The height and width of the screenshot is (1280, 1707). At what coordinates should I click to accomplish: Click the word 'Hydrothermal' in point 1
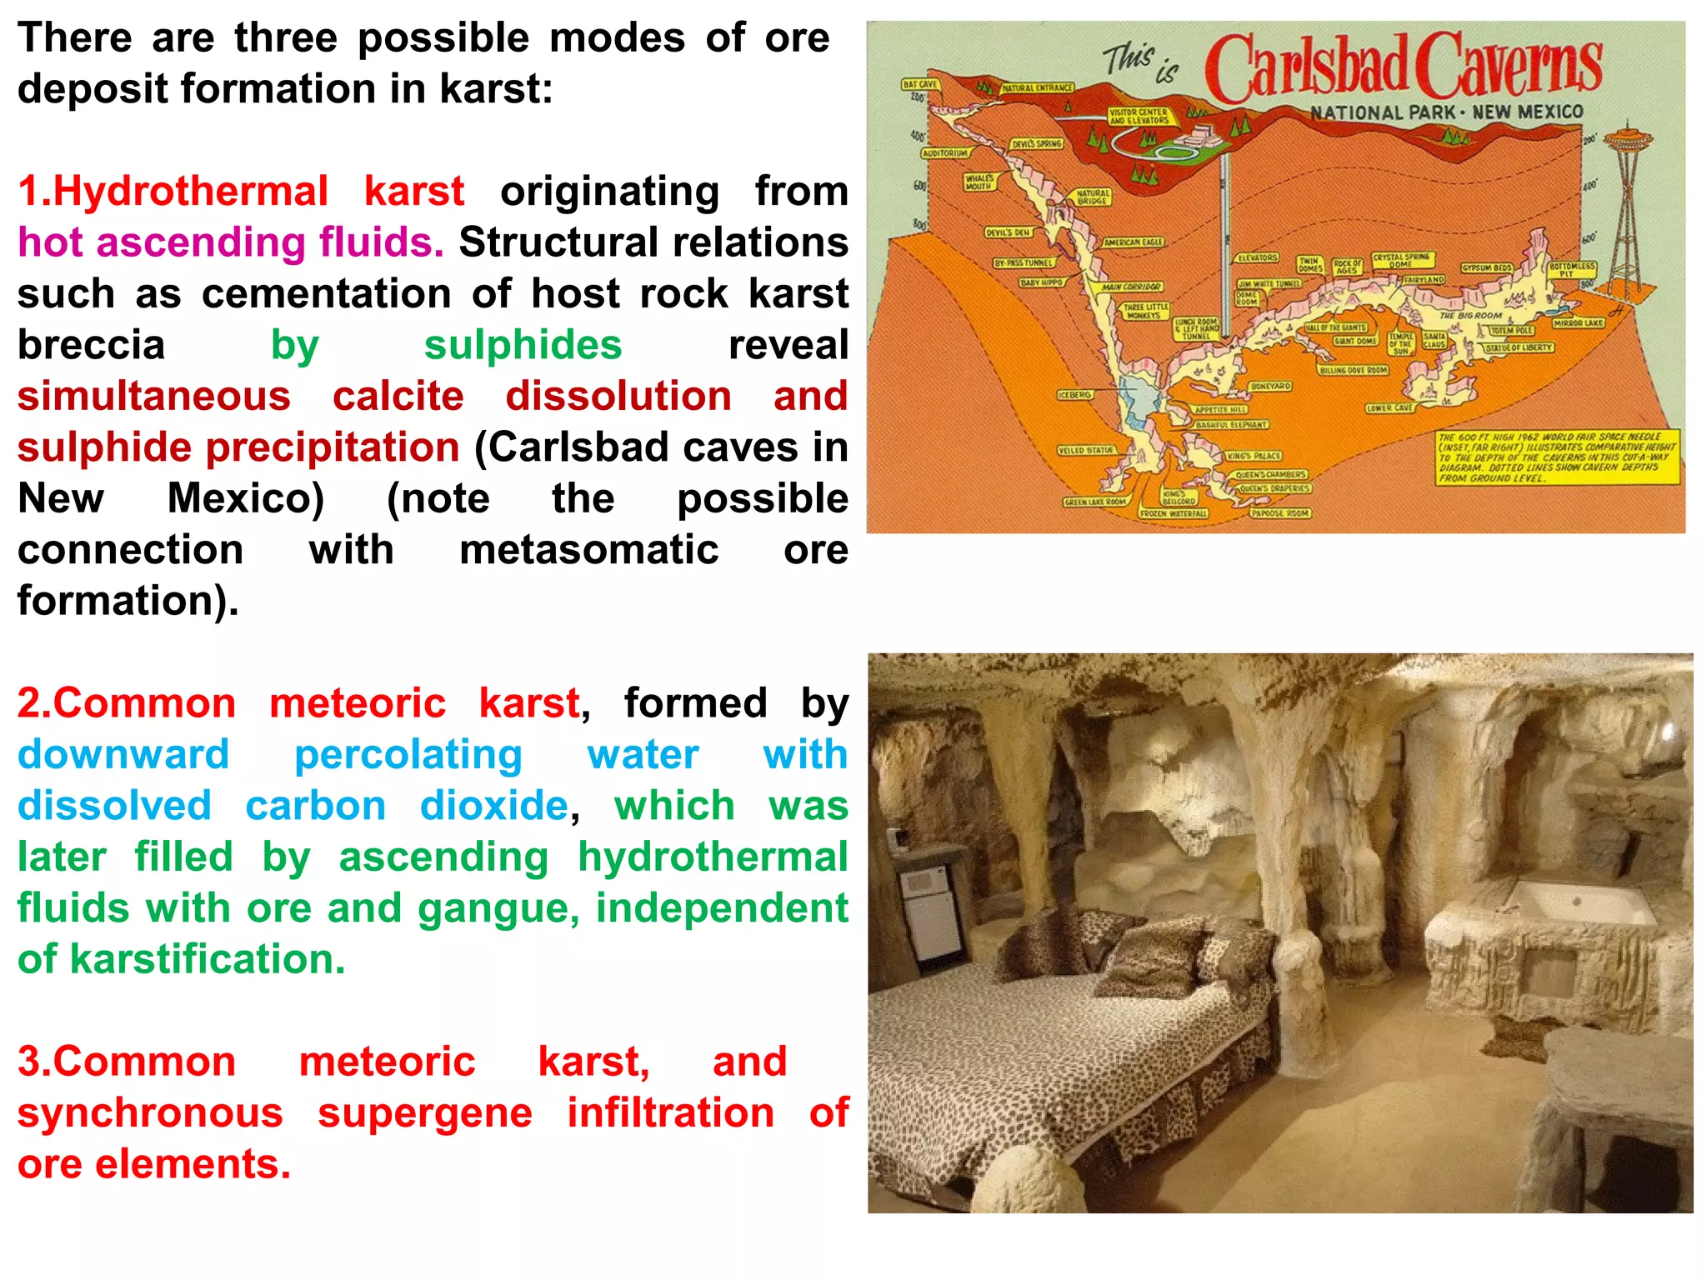[x=190, y=192]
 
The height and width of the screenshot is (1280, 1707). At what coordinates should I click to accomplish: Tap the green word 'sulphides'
[x=523, y=345]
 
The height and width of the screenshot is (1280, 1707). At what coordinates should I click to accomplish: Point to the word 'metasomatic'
[x=588, y=550]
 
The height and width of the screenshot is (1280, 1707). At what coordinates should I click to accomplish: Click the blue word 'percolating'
[x=408, y=755]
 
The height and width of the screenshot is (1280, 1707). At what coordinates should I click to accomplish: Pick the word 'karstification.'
[x=208, y=959]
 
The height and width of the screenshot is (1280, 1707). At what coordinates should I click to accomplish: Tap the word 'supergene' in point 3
[x=425, y=1113]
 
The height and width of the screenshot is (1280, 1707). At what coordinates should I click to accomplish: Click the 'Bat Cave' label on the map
[x=920, y=84]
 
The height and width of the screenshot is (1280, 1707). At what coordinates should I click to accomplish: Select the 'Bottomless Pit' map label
[x=1572, y=269]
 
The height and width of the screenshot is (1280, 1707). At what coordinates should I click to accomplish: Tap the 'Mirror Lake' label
[x=1579, y=322]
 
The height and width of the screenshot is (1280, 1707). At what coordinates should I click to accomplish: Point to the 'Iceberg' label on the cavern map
[x=1074, y=394]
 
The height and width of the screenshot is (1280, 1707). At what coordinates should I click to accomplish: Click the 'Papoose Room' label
[x=1280, y=513]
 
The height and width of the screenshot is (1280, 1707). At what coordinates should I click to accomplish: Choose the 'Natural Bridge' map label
[x=1093, y=197]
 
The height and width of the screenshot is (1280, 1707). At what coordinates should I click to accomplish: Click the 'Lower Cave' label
[x=1389, y=408]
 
